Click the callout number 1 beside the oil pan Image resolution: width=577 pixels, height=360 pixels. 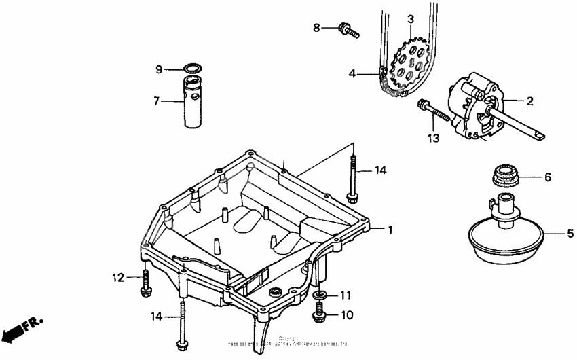pyautogui.click(x=390, y=230)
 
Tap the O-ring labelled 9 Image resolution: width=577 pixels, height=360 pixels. pyautogui.click(x=193, y=69)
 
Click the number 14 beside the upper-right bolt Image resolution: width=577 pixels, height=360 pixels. pyautogui.click(x=381, y=171)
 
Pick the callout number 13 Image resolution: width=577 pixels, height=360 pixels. pyautogui.click(x=434, y=139)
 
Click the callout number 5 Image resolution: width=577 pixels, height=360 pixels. pyautogui.click(x=570, y=234)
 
